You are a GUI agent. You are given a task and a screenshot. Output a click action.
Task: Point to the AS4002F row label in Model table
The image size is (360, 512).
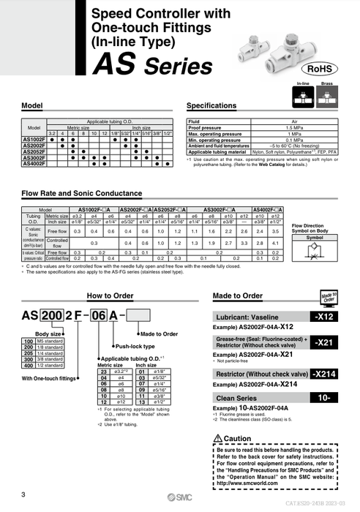coord(34,163)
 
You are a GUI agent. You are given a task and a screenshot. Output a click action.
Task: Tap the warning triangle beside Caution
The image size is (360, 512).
coord(217,438)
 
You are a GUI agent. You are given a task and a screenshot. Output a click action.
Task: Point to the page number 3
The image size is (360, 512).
coord(24,495)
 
